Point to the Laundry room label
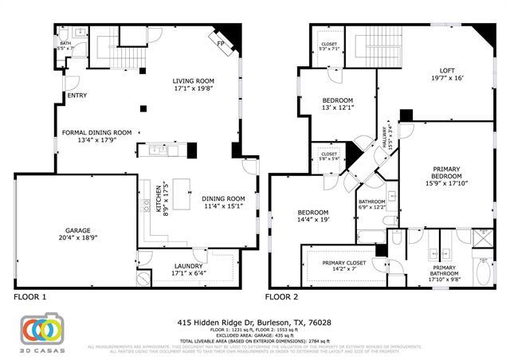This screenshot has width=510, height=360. (x=189, y=270)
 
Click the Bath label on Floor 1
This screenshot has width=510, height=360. (x=66, y=45)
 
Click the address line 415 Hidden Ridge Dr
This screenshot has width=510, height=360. (x=255, y=323)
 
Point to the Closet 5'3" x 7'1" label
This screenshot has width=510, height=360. (x=329, y=46)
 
